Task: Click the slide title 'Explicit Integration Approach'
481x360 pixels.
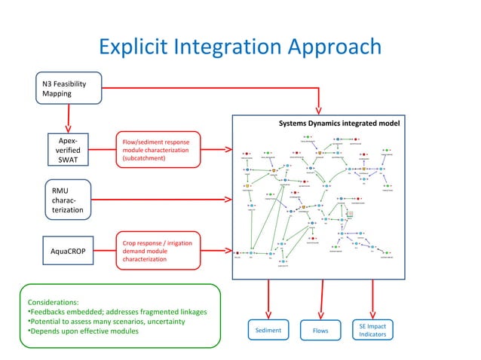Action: [240, 48]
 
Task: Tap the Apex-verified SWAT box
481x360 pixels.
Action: [69, 150]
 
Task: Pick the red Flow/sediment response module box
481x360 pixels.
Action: [157, 150]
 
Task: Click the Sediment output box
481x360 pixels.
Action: [268, 330]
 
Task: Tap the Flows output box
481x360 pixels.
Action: [319, 330]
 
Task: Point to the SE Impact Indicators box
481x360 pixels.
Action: [372, 329]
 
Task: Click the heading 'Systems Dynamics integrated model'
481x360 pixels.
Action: [339, 124]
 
